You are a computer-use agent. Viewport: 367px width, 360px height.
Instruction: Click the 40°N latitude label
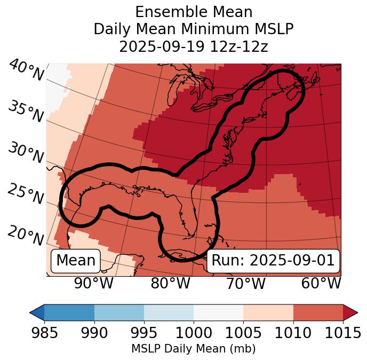pyautogui.click(x=26, y=71)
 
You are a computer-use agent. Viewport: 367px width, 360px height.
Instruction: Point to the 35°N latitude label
pyautogui.click(x=26, y=111)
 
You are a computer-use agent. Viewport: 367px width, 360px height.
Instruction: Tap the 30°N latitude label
pyautogui.click(x=26, y=153)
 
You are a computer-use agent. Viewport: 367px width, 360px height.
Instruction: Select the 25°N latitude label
pyautogui.click(x=26, y=194)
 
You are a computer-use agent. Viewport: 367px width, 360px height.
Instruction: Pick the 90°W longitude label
pyautogui.click(x=94, y=284)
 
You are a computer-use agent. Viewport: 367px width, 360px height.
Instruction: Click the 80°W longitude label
pyautogui.click(x=170, y=284)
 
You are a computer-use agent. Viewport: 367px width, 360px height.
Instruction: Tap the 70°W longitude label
pyautogui.click(x=246, y=284)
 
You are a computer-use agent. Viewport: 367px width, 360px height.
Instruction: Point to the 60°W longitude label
pyautogui.click(x=321, y=284)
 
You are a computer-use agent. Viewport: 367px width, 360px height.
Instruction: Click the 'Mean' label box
pyautogui.click(x=76, y=261)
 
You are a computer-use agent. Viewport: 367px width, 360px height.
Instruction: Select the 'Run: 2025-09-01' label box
pyautogui.click(x=273, y=261)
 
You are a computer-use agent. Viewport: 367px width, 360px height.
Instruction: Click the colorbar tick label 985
pyautogui.click(x=44, y=333)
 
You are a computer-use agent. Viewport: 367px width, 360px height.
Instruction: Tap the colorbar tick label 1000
pyautogui.click(x=193, y=333)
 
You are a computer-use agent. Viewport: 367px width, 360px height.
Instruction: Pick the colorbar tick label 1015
pyautogui.click(x=342, y=333)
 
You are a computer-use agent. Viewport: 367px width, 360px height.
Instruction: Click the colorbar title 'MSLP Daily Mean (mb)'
pyautogui.click(x=193, y=349)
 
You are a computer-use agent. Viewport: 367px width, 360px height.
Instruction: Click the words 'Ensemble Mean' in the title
pyautogui.click(x=193, y=12)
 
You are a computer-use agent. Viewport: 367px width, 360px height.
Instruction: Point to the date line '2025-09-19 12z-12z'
pyautogui.click(x=193, y=46)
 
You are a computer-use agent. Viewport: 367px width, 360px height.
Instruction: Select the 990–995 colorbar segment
pyautogui.click(x=119, y=312)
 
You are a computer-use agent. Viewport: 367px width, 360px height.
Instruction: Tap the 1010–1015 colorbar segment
pyautogui.click(x=318, y=312)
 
